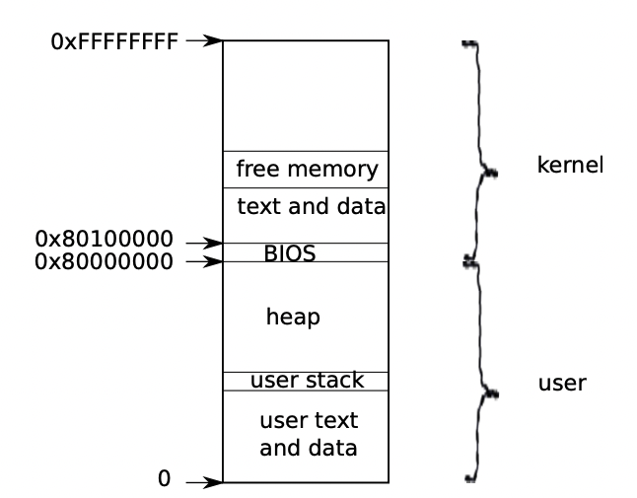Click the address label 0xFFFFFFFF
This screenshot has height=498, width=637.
(x=114, y=41)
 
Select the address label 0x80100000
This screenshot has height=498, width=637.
(x=104, y=239)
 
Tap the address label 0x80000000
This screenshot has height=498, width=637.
(x=104, y=261)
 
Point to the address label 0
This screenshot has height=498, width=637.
(x=164, y=478)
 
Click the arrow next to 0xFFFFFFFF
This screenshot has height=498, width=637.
(x=204, y=40)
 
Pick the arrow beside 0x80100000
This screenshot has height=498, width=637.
(x=204, y=243)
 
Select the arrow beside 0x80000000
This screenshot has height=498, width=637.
(x=204, y=261)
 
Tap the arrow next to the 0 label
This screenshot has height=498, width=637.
(x=204, y=482)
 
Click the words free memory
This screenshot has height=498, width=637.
(x=307, y=169)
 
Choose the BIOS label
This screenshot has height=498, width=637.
(x=290, y=253)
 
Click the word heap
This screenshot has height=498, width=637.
(x=293, y=317)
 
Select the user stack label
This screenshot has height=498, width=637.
(x=307, y=381)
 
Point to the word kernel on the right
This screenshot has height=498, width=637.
(x=570, y=165)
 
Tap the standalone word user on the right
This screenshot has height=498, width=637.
(x=562, y=383)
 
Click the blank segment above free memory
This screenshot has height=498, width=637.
(x=306, y=96)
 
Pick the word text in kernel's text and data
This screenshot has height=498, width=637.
(x=258, y=206)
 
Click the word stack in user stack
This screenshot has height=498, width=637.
(x=334, y=381)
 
